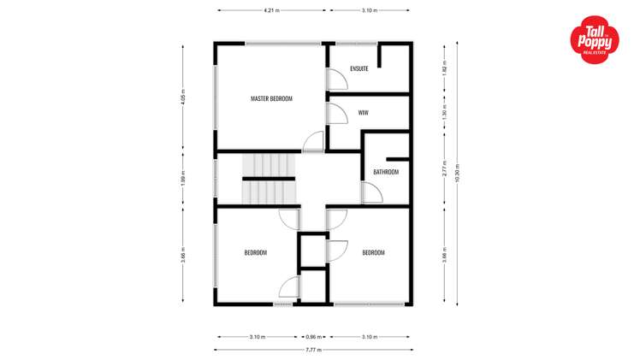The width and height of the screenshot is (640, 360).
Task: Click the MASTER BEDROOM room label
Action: coord(271,99)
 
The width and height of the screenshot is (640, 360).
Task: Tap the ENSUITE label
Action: coord(359,68)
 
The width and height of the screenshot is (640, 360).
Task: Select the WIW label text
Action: coord(363,112)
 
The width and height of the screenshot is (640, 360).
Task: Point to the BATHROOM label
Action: coord(386,172)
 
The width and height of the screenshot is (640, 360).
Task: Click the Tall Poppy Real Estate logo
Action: coord(596,39)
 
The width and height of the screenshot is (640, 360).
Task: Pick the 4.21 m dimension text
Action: coord(270,10)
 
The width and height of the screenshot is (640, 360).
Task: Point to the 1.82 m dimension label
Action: coord(444,68)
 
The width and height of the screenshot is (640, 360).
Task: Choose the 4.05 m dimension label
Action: coord(183,99)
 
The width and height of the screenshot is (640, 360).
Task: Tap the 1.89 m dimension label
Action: coord(183,180)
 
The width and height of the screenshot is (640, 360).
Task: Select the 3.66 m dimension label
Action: coord(183,256)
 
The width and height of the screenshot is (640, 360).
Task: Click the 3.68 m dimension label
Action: coord(444,255)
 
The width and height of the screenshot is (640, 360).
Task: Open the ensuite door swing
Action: coord(337,79)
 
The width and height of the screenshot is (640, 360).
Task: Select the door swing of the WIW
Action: coord(336,115)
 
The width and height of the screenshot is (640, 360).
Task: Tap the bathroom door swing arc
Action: coord(372,194)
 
